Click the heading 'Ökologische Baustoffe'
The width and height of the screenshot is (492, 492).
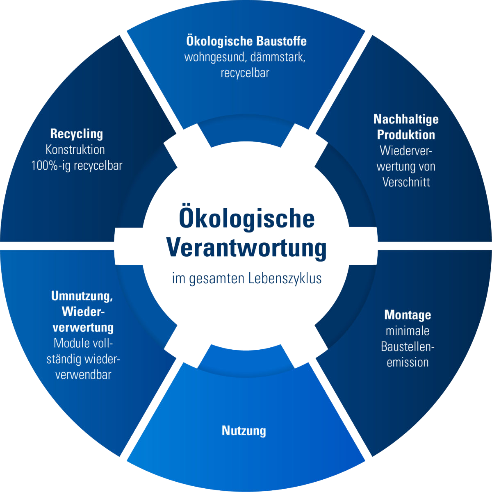(246, 41)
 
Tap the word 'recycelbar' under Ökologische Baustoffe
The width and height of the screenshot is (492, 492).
(245, 73)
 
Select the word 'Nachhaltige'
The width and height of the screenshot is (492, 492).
(406, 119)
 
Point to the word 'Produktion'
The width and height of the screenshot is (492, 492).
(406, 135)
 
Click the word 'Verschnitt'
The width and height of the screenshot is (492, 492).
(406, 182)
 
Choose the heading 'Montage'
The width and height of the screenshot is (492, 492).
(408, 315)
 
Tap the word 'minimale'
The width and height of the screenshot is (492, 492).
(408, 330)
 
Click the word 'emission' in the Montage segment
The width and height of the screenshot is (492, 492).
(408, 362)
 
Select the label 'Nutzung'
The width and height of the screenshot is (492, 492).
(244, 430)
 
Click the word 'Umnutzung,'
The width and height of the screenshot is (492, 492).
(82, 296)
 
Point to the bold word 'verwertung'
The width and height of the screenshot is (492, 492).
(83, 328)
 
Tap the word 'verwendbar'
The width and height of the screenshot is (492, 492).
(83, 375)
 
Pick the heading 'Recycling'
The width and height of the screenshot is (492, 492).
(77, 134)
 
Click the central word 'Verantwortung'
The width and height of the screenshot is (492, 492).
(247, 248)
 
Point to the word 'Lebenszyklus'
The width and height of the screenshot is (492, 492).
(285, 278)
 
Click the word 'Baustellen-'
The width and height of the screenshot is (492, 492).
(408, 346)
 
